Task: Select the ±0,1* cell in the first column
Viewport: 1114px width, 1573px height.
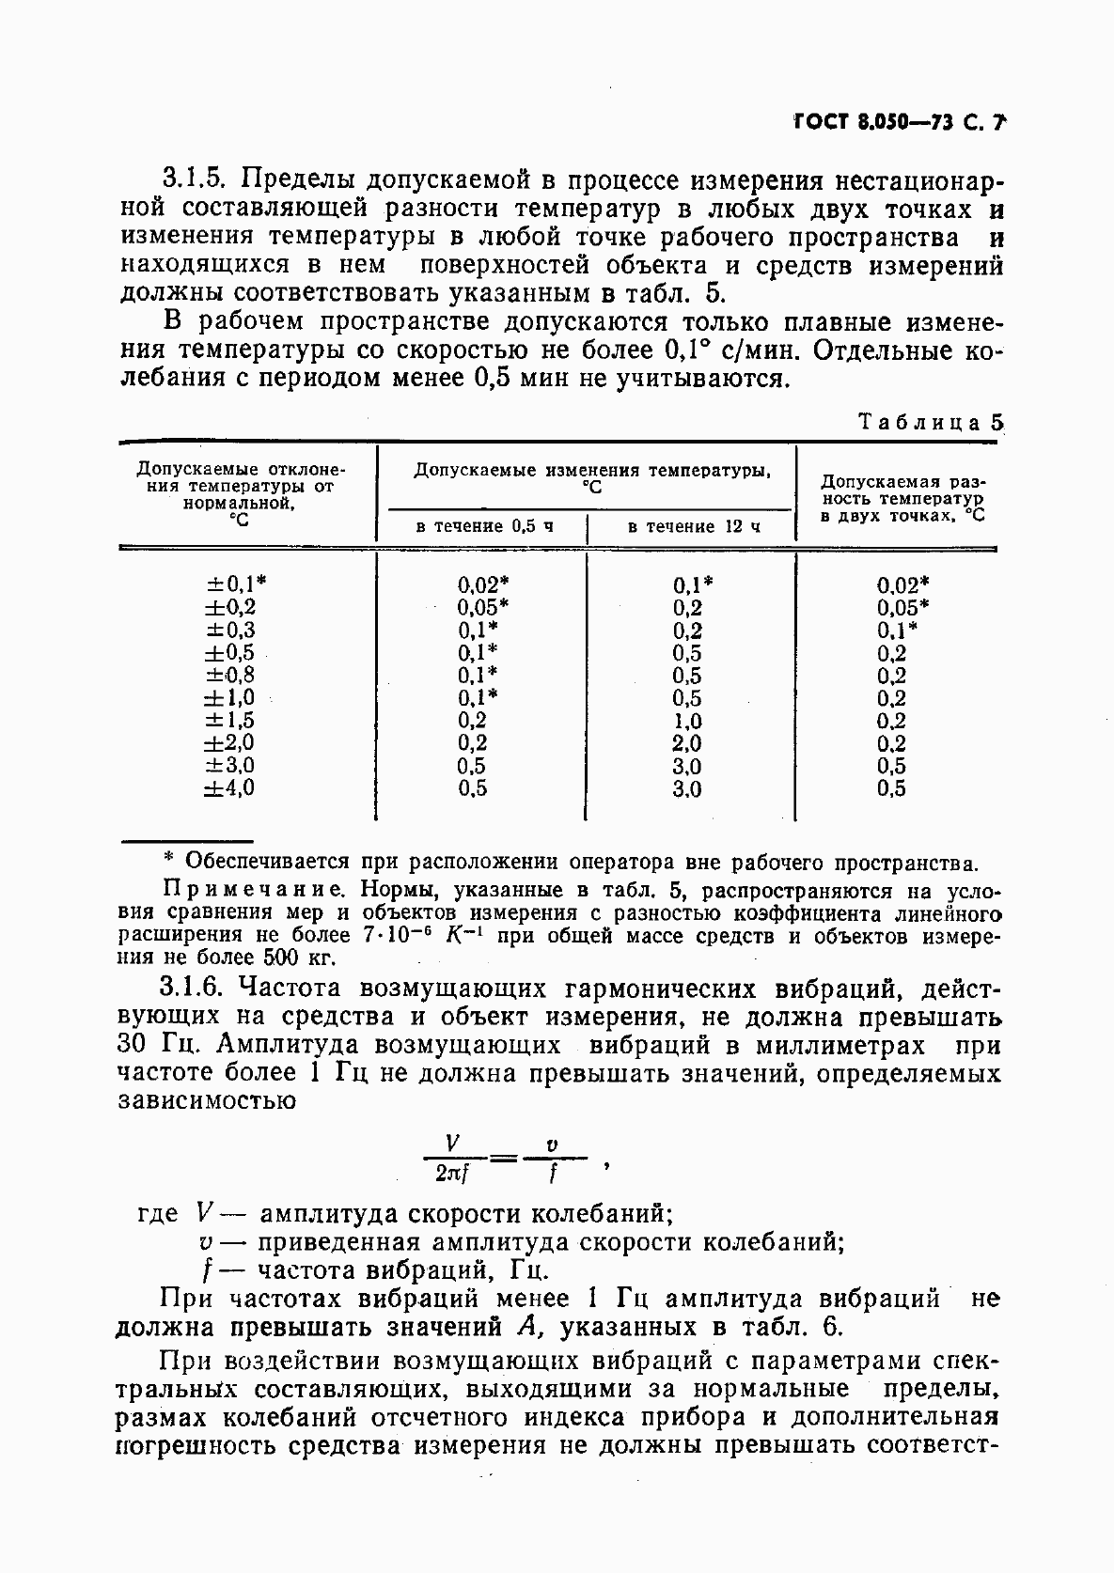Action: click(x=229, y=584)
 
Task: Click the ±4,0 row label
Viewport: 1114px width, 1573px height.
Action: click(x=229, y=788)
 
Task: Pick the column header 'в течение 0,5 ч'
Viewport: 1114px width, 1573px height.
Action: click(x=484, y=526)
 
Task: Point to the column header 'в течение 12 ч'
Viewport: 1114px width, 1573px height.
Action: click(x=693, y=526)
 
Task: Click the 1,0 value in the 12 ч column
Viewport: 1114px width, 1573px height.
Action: click(x=687, y=722)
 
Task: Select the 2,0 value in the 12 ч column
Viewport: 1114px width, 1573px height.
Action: click(x=687, y=744)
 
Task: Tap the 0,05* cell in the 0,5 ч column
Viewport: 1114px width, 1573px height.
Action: click(x=483, y=607)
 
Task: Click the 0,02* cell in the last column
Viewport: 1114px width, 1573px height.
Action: click(x=902, y=584)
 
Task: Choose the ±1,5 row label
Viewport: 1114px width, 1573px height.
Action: click(x=229, y=721)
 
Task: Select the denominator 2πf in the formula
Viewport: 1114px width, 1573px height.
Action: click(x=453, y=1173)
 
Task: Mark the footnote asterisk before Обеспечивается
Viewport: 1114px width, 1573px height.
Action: click(x=169, y=860)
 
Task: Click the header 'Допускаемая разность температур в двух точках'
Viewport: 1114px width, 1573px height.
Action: click(x=902, y=499)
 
